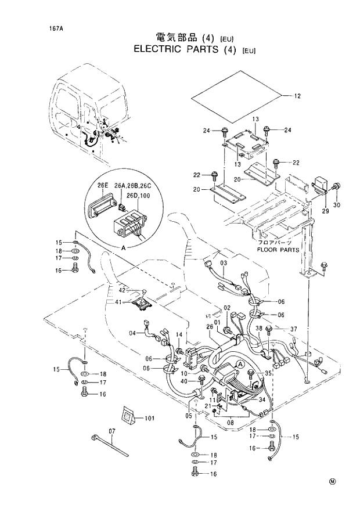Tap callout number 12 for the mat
coord(297,96)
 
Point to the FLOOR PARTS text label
coord(279,250)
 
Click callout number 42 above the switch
coord(123,290)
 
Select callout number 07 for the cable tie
coord(112,431)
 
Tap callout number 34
coord(262,399)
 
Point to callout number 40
coord(185,381)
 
